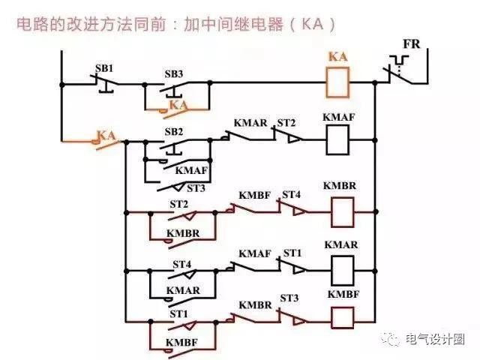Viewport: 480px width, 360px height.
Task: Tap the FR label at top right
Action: pos(412,44)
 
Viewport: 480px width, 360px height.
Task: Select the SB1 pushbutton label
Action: pos(103,69)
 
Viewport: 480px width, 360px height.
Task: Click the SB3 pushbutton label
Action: pos(174,74)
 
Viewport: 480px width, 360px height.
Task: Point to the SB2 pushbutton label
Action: pos(174,131)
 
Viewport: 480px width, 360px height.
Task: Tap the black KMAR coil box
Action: pos(341,268)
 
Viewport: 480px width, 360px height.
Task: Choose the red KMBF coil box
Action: pos(341,317)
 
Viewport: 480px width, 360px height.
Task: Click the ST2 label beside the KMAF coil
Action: pos(286,122)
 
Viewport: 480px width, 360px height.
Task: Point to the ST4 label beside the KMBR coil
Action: pos(291,196)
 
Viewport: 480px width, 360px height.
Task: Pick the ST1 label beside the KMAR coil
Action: pos(292,254)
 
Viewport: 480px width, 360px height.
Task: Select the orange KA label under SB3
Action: pos(178,105)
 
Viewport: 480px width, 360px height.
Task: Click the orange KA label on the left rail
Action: pos(106,136)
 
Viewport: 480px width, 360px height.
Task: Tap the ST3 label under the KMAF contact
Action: pos(196,187)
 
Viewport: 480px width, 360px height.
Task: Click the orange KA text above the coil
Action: pos(338,56)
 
